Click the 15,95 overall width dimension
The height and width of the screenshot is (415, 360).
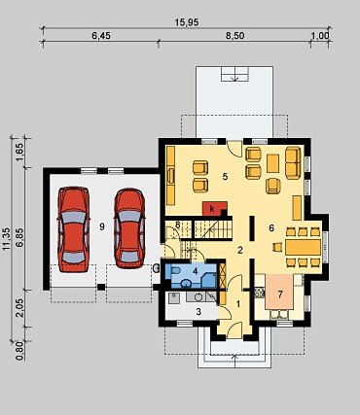coord(187,22)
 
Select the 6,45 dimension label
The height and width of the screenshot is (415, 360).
coord(101,36)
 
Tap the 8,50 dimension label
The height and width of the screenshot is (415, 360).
coord(235,36)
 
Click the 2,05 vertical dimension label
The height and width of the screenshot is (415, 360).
coord(19,308)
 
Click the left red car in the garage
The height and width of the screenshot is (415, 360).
coord(74,229)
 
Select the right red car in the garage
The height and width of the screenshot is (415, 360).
coord(129,228)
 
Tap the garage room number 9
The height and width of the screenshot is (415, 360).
coord(102,227)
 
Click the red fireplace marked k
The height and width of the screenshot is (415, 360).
coord(214,208)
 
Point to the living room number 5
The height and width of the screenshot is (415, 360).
coord(225,177)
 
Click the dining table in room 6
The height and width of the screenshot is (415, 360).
coord(303,247)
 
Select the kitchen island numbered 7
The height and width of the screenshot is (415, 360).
coord(279,292)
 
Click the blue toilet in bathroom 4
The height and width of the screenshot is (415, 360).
coord(175,270)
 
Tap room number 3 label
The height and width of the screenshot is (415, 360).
coord(198,312)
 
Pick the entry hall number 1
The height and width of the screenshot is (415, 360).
coord(238,304)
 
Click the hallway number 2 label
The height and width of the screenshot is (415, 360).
coord(240,250)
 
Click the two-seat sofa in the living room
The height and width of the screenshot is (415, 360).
coord(293,162)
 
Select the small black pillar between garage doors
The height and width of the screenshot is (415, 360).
coord(101,287)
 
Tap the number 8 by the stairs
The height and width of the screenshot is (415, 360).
coord(178,225)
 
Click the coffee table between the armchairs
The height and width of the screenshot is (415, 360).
coord(272,163)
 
